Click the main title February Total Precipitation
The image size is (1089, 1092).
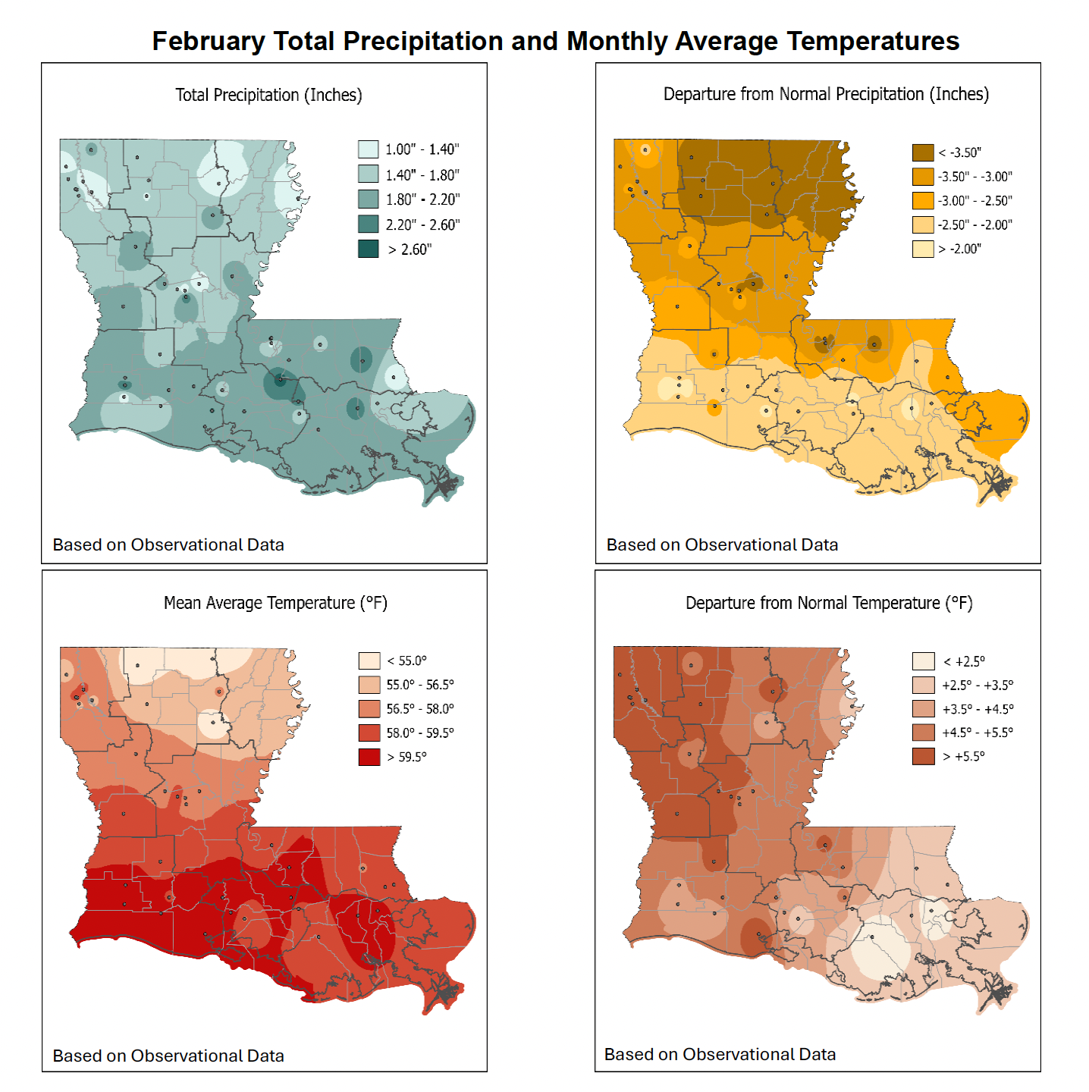point(555,41)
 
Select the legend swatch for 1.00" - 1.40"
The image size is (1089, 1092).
point(369,149)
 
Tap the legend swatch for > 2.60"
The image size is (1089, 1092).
point(369,249)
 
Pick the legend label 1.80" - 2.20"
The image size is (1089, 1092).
point(422,199)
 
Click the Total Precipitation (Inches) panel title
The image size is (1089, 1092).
point(268,95)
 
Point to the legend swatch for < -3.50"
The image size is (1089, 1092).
point(922,152)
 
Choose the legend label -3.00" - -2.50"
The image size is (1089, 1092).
point(974,201)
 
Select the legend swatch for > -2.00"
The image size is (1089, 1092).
point(922,249)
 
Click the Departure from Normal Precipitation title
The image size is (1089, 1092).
point(826,94)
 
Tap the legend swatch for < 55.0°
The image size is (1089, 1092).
point(369,661)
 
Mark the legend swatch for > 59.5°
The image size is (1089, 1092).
point(369,757)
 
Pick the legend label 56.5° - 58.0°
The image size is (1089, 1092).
point(420,709)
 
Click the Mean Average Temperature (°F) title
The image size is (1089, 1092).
point(275,603)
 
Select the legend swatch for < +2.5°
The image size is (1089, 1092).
point(923,661)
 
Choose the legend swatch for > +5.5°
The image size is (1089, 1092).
point(923,756)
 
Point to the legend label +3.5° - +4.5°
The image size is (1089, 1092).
point(978,709)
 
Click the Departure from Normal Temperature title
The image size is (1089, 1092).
point(829,603)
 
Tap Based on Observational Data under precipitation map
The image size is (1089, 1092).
point(168,544)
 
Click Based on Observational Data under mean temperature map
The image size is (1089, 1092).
point(168,1056)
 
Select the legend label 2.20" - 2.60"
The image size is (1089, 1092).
point(422,224)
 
